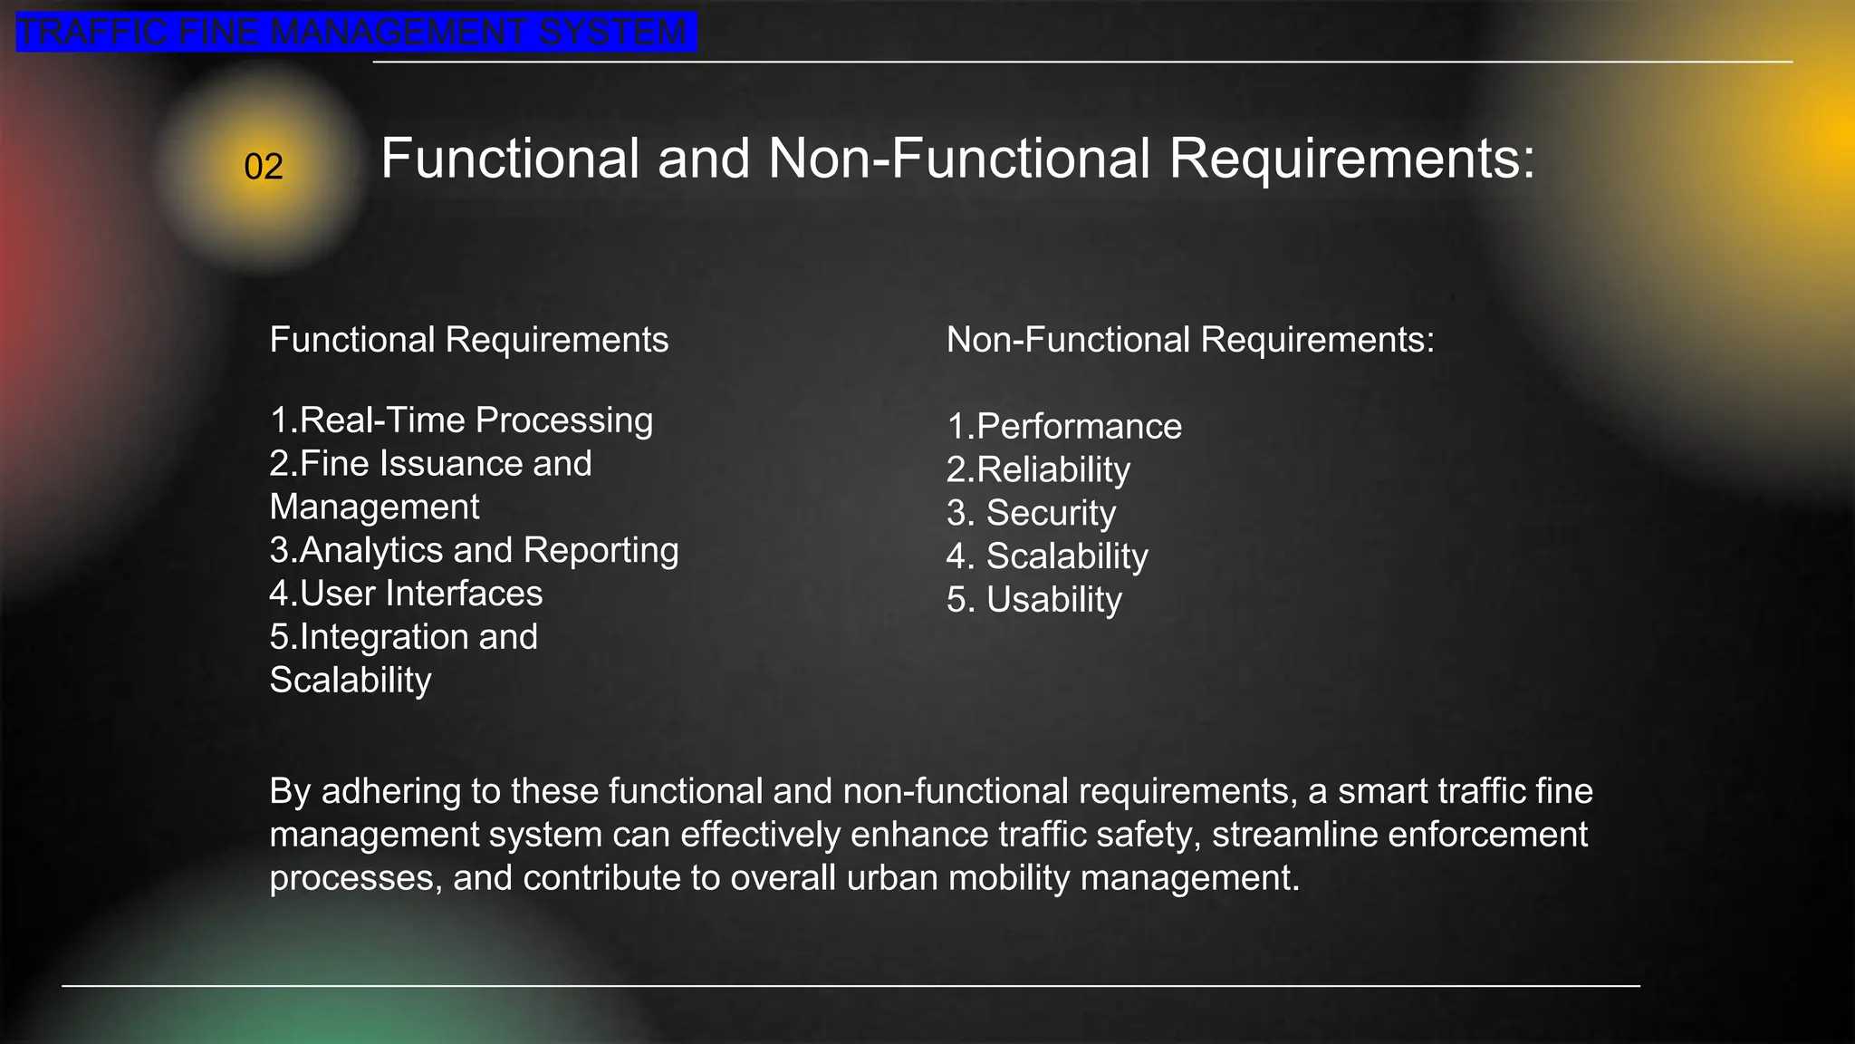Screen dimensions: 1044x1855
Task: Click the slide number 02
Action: click(264, 167)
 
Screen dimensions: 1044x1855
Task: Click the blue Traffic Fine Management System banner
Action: click(355, 33)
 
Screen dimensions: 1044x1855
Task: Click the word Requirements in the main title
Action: click(1351, 159)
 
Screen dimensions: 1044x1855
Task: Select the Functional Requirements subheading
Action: click(468, 340)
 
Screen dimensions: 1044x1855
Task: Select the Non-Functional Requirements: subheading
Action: click(1190, 340)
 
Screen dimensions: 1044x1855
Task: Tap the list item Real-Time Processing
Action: click(461, 420)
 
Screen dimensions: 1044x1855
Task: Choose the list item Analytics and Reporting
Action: click(474, 550)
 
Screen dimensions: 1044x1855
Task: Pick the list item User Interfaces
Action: click(406, 594)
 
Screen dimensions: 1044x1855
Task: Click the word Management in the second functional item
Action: click(374, 507)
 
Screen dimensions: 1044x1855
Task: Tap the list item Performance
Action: click(1064, 427)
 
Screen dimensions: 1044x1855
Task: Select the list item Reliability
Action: click(1038, 470)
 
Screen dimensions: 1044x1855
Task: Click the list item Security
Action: click(1032, 513)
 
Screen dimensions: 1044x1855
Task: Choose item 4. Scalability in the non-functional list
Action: click(1047, 556)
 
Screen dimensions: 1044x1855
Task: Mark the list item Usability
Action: click(1034, 600)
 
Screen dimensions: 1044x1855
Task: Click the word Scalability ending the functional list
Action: click(351, 681)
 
